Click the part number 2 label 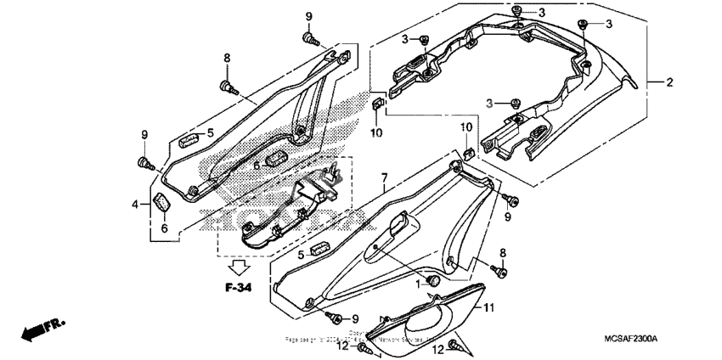(669, 82)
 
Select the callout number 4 (134, 205)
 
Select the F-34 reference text (239, 289)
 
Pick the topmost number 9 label (309, 17)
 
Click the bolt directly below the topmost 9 (310, 38)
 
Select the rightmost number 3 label (608, 24)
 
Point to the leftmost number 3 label (405, 40)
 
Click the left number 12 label (341, 345)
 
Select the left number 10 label (376, 132)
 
